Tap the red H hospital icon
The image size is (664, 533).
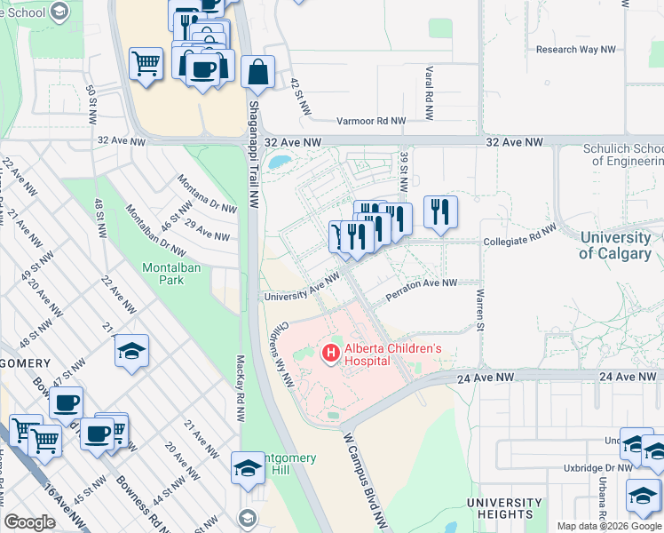click(331, 354)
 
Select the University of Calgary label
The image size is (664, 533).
click(614, 245)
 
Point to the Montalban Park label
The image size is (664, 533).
click(163, 273)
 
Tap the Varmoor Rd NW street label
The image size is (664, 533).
click(371, 121)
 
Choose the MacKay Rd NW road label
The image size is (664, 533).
click(240, 407)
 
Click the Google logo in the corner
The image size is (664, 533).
click(29, 522)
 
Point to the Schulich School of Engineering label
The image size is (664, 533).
click(622, 155)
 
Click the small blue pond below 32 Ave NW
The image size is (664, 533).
click(280, 163)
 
